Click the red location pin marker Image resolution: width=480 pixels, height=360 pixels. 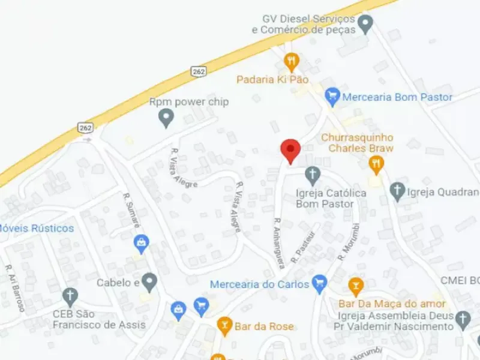point(291,150)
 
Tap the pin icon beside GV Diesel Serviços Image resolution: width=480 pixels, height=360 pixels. point(365,25)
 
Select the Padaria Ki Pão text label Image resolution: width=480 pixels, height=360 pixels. point(272,79)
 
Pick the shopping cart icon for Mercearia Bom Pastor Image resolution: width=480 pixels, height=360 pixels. point(332,96)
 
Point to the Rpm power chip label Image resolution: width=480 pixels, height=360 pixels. point(189,102)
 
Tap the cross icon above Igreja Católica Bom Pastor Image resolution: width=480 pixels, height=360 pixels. point(312,176)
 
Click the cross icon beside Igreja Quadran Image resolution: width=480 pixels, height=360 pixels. point(397,192)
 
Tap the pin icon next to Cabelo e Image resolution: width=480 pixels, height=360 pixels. point(149,281)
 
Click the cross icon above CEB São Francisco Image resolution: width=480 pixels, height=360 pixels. point(70,296)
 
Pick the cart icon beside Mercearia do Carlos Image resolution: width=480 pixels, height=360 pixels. point(320,283)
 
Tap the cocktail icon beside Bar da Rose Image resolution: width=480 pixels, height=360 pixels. point(225,326)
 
